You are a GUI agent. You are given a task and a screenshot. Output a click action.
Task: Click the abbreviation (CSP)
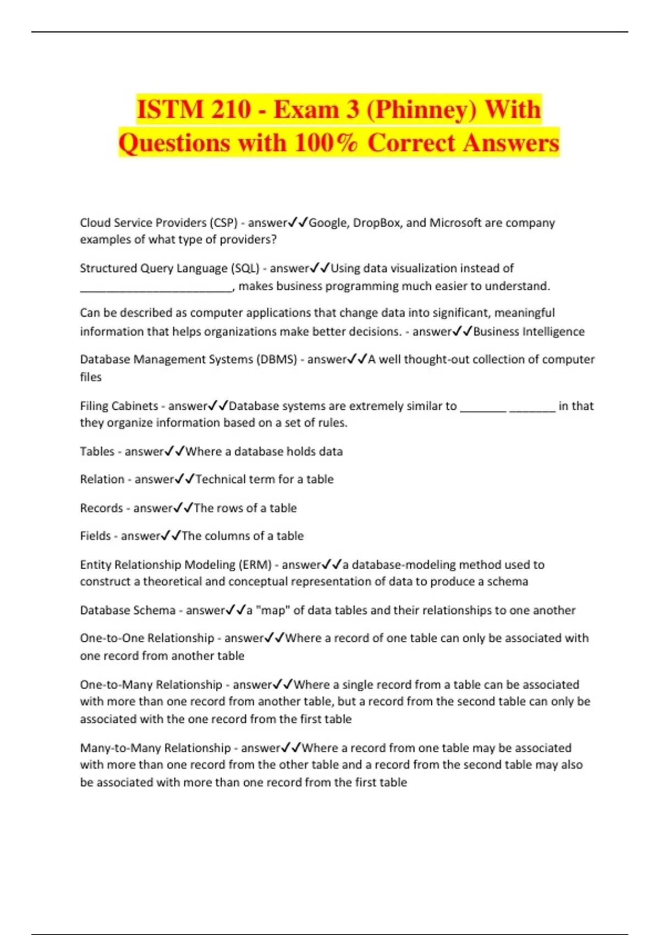click(223, 223)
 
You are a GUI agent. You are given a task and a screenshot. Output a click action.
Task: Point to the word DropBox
click(377, 223)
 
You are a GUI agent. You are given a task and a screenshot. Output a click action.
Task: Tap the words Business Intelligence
click(529, 332)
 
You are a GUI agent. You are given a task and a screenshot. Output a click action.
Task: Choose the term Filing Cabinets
click(119, 406)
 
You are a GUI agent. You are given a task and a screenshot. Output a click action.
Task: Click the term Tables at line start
click(97, 452)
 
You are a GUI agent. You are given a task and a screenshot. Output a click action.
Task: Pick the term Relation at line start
click(102, 479)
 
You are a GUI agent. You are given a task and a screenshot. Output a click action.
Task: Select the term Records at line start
click(101, 508)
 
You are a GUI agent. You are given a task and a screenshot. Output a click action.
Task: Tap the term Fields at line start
click(95, 536)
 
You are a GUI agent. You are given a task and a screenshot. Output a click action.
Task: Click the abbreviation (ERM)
click(255, 565)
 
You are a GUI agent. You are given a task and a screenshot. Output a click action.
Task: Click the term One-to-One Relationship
click(147, 638)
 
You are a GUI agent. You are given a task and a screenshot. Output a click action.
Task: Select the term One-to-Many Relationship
click(151, 685)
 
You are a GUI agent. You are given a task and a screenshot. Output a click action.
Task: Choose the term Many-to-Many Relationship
click(156, 748)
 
